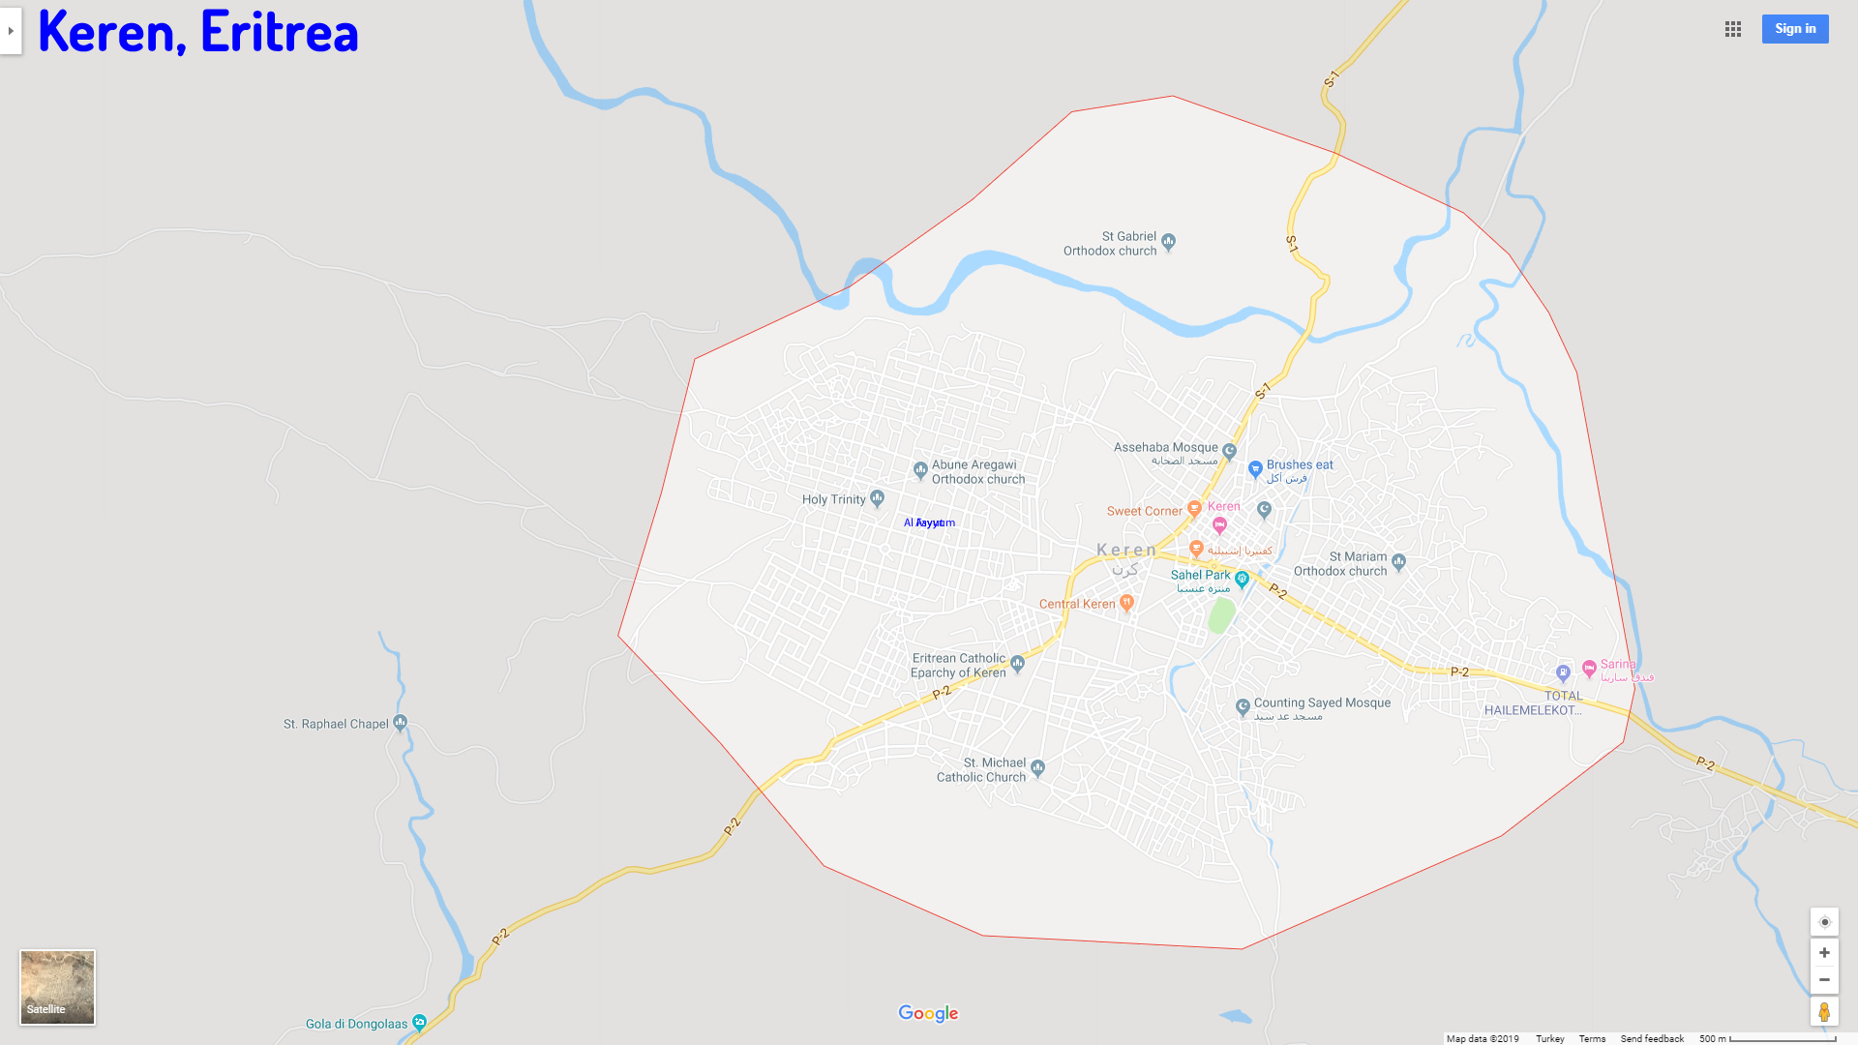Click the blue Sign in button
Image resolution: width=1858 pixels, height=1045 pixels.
coord(1794,29)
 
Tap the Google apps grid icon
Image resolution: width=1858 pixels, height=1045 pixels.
coord(1732,29)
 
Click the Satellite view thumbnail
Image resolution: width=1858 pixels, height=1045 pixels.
coord(57,986)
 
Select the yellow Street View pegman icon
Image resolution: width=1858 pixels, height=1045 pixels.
coord(1823,1011)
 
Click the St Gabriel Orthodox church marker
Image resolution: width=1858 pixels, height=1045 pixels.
coord(1168,241)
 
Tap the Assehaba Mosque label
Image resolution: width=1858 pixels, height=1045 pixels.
coord(1165,448)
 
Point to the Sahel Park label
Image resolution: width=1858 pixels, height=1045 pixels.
coord(1200,575)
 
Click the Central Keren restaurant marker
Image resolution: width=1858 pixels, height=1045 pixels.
coord(1126,603)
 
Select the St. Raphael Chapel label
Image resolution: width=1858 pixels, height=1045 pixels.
coord(335,724)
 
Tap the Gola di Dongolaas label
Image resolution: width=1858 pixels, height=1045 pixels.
coord(356,1024)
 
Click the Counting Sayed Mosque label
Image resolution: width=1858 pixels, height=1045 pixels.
coord(1322,703)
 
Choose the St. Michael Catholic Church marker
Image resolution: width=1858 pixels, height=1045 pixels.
coord(1037,768)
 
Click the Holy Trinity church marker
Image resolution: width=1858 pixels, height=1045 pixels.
coord(877,498)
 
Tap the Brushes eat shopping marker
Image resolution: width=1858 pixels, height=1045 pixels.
coord(1255,469)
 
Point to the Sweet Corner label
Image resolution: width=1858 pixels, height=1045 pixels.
coord(1144,511)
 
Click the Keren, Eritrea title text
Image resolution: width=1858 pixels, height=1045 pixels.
coord(197,31)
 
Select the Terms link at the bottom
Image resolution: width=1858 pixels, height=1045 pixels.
coord(1592,1038)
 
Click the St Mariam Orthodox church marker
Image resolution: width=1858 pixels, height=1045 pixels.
coord(1398,561)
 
